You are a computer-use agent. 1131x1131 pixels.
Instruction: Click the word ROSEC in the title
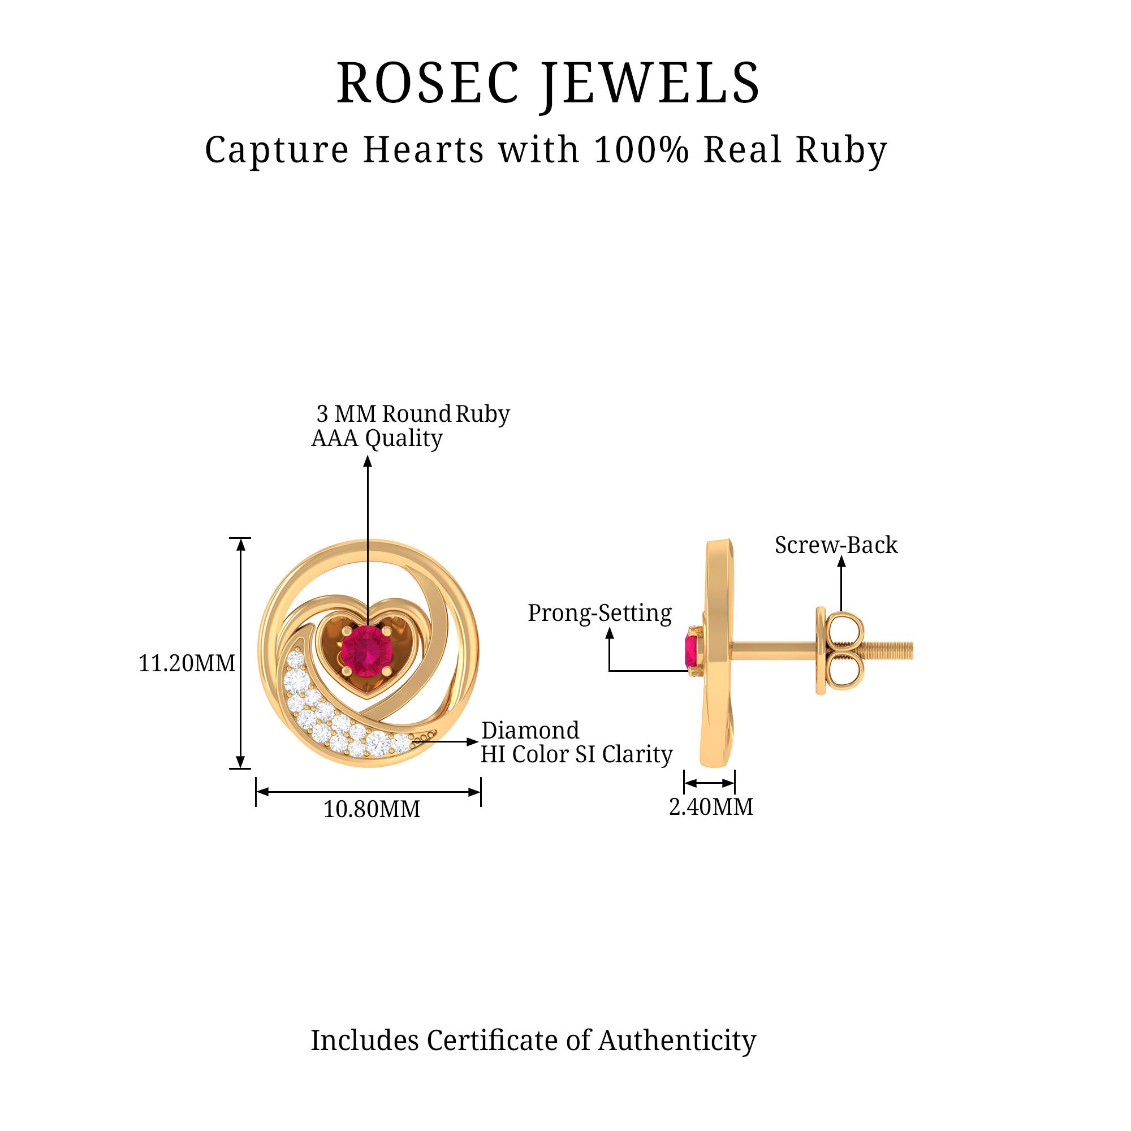428,84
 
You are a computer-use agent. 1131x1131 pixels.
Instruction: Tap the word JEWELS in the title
650,85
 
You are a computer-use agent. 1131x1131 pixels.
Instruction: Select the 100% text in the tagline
641,150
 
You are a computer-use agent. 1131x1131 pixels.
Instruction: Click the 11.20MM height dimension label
187,663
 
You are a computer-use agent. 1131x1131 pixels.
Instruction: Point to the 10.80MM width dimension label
372,809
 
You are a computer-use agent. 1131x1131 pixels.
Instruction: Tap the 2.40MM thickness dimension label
711,807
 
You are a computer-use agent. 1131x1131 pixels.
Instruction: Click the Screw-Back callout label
836,545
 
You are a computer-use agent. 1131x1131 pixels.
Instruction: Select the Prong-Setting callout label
599,613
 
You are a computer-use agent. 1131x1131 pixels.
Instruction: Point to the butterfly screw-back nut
841,650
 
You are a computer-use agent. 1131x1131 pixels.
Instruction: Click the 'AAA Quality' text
377,438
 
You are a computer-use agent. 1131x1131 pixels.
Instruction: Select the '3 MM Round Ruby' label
413,414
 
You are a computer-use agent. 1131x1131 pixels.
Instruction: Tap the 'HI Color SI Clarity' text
576,754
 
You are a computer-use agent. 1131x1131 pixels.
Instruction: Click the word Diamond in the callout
530,731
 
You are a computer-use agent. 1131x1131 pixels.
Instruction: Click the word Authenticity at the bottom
677,1041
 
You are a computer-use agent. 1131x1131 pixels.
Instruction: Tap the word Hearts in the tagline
423,150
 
